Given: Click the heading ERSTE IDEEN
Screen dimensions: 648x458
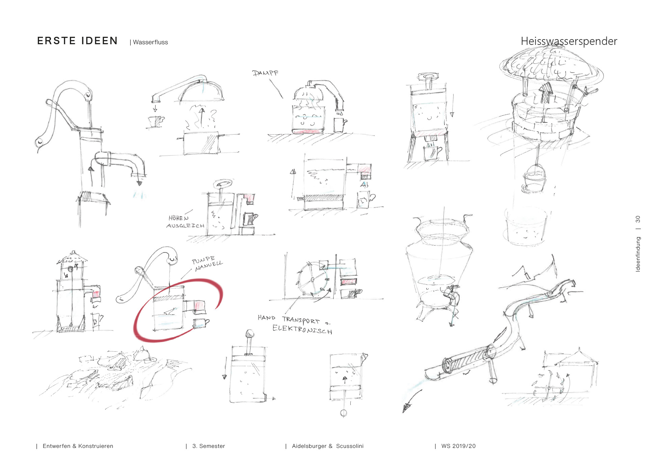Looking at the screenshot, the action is [77, 41].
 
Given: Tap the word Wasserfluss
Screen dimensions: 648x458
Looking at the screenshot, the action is [151, 42].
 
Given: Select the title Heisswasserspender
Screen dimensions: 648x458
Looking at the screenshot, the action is [569, 41].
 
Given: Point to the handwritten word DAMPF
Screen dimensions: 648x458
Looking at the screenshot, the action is [265, 73].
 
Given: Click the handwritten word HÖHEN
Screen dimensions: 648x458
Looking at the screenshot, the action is [179, 218].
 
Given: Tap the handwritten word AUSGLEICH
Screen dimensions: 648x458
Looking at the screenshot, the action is [185, 225].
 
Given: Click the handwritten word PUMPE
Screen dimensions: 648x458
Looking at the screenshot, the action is [203, 260].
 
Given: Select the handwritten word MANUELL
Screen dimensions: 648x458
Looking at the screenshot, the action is [209, 266].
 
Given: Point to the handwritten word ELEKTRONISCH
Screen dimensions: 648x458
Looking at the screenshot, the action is [302, 329].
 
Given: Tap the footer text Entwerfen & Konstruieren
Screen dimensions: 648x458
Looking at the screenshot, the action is [78, 446].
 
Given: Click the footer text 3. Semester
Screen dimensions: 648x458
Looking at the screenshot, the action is [209, 446].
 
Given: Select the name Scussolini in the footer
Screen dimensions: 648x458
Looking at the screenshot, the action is [350, 446].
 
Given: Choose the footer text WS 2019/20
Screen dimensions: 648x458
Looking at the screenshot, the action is [458, 446].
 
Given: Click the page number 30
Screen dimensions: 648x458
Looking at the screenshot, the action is [638, 219].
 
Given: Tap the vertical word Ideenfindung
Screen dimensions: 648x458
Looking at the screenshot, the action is [638, 254].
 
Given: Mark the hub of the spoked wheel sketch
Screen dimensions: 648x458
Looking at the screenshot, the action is [313, 279].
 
